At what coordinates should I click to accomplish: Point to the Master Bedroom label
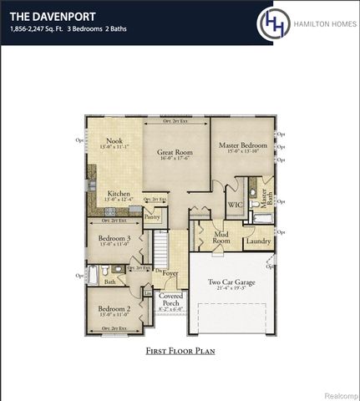pyautogui.click(x=241, y=145)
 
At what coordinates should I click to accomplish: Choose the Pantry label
pyautogui.click(x=152, y=217)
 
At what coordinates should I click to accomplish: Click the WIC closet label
pyautogui.click(x=236, y=204)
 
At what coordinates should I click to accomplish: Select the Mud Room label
pyautogui.click(x=221, y=237)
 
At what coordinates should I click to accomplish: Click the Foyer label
pyautogui.click(x=170, y=273)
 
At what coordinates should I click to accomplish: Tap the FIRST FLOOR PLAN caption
pyautogui.click(x=180, y=351)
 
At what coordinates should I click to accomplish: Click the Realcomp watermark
pyautogui.click(x=337, y=391)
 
